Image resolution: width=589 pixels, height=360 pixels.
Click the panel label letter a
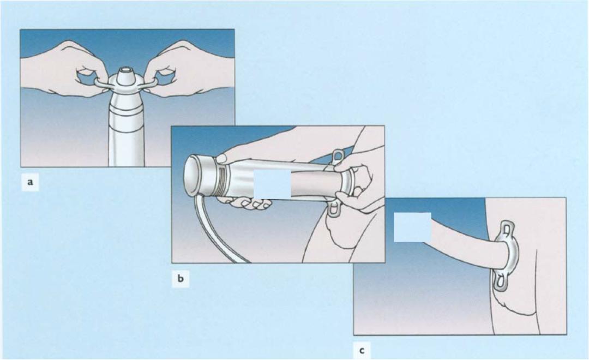[x=31, y=183]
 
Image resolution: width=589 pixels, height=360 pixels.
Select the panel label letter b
[x=181, y=279]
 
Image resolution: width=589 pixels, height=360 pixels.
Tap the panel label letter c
[x=362, y=351]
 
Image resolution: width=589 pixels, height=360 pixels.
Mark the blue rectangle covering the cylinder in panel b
[x=272, y=184]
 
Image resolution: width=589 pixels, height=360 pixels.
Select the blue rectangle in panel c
[x=412, y=227]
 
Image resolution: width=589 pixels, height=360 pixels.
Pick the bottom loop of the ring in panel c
[x=499, y=283]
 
